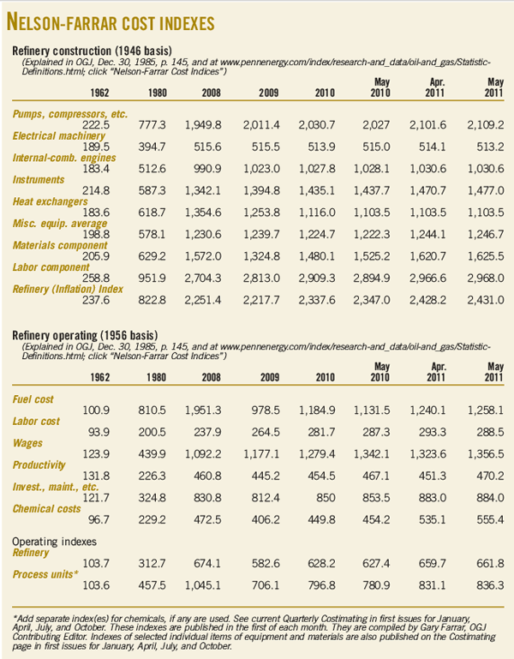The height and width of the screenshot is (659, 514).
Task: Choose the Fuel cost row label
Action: [38, 399]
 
